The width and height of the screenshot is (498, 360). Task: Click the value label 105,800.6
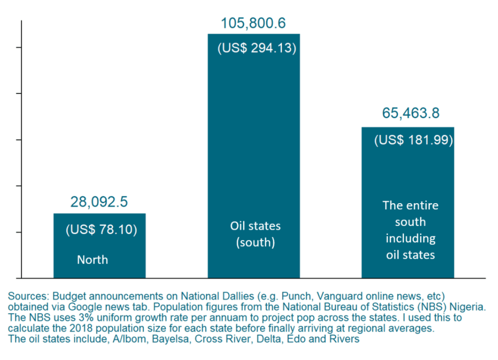point(253,23)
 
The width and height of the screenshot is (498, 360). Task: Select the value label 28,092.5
point(99,202)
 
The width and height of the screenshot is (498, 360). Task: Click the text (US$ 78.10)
point(101,229)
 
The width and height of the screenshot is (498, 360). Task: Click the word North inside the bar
point(92,260)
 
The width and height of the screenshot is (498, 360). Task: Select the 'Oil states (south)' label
point(256,234)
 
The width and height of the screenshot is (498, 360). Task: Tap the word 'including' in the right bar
point(410,238)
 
